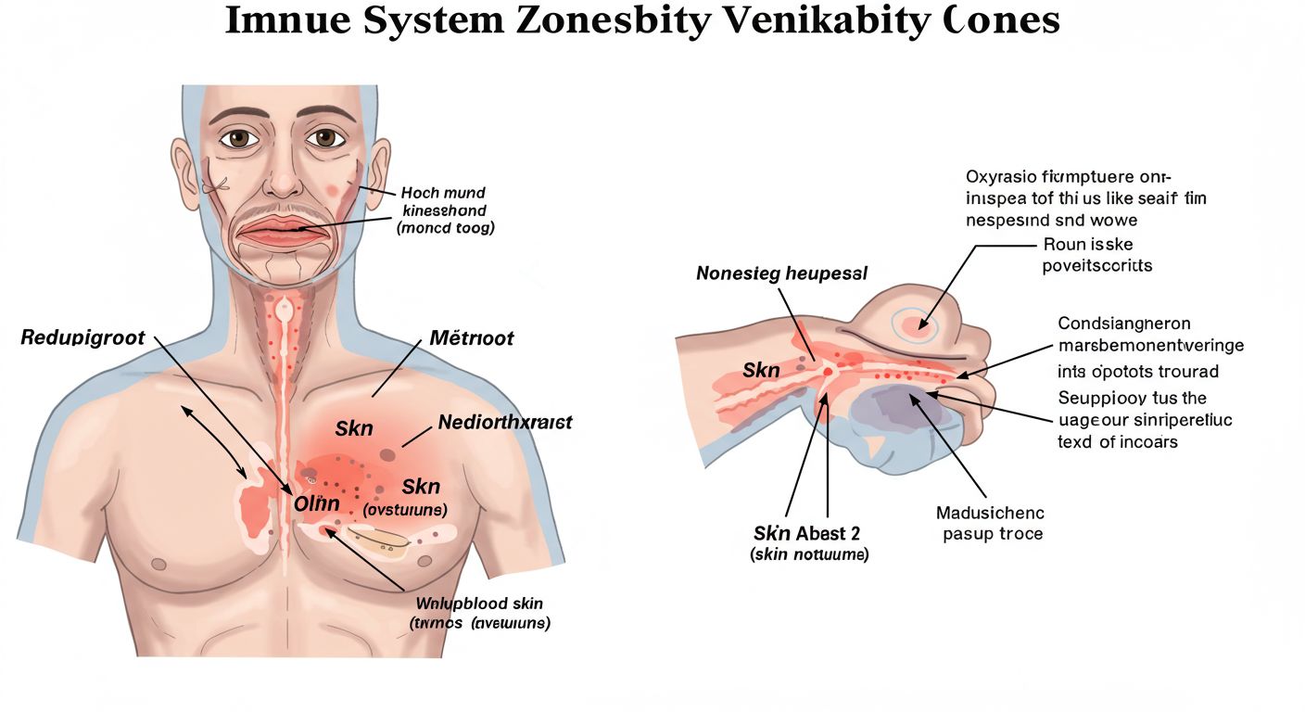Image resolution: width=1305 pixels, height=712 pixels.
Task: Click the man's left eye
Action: coord(324,137)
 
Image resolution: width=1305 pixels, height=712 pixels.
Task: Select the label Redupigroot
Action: coord(82,337)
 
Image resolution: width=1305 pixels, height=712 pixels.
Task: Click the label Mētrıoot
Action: coord(472,337)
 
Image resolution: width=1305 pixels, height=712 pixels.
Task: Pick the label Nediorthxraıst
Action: coord(505,423)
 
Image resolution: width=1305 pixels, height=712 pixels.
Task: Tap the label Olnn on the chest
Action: coord(317,504)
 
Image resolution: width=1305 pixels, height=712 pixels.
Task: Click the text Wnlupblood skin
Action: coord(479,604)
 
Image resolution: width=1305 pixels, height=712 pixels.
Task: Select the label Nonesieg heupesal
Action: coord(782,273)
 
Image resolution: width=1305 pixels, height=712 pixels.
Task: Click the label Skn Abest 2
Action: coord(806,533)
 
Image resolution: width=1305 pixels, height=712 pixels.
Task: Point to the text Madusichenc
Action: coord(990,513)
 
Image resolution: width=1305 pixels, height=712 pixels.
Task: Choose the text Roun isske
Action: coord(1088,245)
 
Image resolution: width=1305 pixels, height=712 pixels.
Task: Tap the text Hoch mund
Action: coord(443,193)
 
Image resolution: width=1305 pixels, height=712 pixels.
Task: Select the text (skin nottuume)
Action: coord(808,554)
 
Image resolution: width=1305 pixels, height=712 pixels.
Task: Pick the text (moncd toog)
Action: coord(445,227)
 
